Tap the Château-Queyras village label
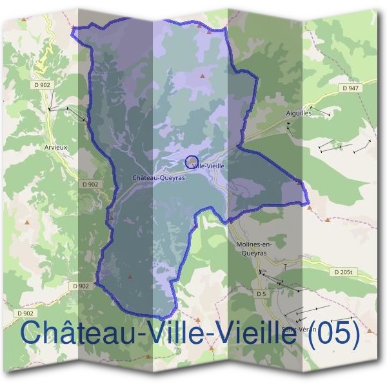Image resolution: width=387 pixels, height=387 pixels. tap(158, 178)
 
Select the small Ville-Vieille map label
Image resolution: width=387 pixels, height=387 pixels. tap(208, 166)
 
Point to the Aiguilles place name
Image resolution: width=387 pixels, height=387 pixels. tap(299, 113)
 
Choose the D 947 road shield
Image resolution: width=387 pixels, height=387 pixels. tap(350, 88)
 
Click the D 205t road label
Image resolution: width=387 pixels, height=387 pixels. tap(344, 273)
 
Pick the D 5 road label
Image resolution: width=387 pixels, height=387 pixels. tap(261, 294)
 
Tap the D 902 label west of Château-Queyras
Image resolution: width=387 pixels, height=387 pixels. tap(90, 184)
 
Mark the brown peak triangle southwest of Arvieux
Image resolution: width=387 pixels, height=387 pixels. tap(27, 222)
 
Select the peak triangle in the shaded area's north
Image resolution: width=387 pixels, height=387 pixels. tap(202, 76)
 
